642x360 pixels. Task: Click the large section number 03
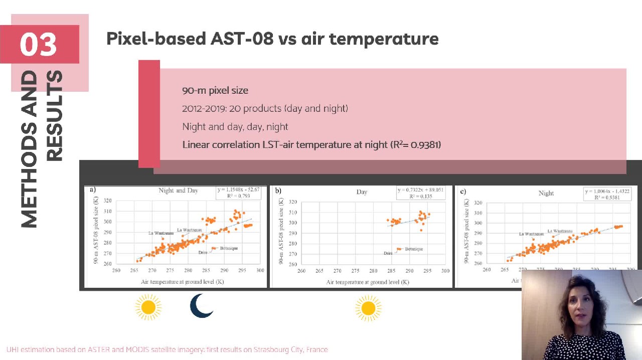click(39, 44)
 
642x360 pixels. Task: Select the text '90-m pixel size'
click(215, 90)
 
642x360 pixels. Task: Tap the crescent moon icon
click(202, 306)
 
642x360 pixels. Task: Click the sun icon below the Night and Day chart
click(148, 307)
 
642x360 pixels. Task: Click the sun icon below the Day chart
click(368, 308)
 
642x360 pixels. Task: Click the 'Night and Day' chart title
click(179, 191)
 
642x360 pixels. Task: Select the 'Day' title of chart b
click(362, 192)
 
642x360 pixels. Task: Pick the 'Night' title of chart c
click(546, 193)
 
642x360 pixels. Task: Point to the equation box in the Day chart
click(421, 193)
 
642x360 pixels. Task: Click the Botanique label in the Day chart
click(414, 249)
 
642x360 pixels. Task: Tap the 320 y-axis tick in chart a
click(107, 201)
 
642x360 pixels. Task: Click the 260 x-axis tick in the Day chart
click(301, 271)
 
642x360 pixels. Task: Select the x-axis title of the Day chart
click(368, 282)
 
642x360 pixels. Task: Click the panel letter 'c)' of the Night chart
click(462, 191)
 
